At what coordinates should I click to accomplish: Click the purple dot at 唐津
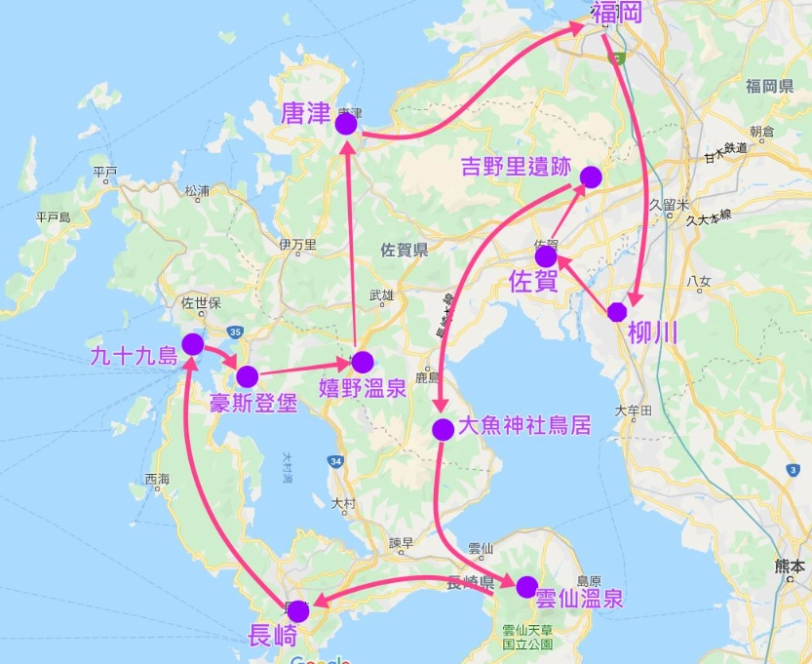346,124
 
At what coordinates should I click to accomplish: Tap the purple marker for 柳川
617,312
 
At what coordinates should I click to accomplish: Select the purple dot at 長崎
298,611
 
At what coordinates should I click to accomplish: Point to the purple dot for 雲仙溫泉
526,587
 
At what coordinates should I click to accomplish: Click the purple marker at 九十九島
193,344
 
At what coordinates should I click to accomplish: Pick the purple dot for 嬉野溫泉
363,362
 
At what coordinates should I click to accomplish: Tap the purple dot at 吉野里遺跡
591,176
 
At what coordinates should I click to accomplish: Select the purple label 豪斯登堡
253,403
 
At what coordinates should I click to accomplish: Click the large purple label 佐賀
534,283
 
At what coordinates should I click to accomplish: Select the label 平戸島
53,216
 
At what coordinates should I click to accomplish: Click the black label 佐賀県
405,251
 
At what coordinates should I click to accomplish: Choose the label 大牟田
633,411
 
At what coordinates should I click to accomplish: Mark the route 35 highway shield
235,332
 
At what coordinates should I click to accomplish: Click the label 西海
157,479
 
